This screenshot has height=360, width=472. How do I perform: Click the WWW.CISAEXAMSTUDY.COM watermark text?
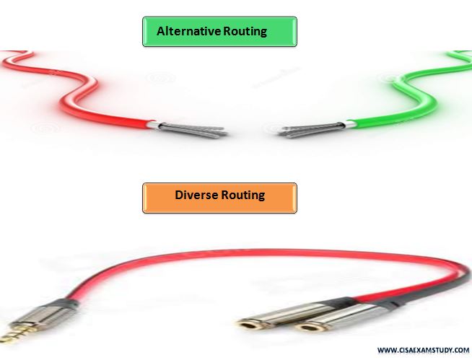tap(423, 350)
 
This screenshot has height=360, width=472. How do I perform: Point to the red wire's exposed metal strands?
tap(193, 130)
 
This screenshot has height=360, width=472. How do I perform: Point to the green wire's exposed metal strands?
tap(312, 130)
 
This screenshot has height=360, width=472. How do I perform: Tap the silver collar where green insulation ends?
tap(350, 124)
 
